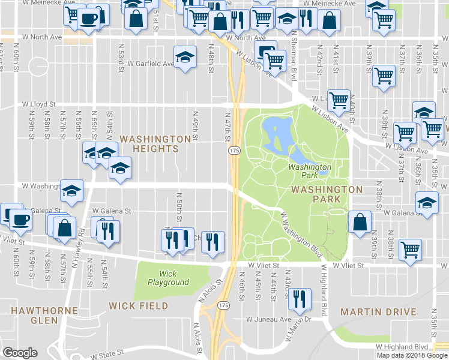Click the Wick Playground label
click(167, 278)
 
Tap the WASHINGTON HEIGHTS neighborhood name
click(155, 143)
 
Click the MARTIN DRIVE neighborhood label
click(378, 312)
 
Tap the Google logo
click(20, 353)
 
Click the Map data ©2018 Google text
click(411, 355)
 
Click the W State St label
click(107, 353)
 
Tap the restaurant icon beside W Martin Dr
click(300, 298)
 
